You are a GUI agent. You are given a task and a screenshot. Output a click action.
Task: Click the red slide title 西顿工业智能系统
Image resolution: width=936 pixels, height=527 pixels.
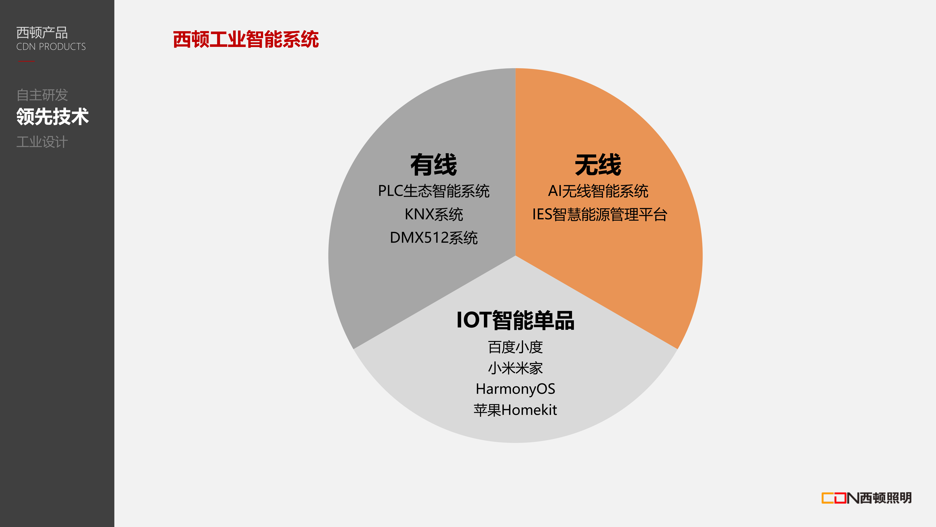[246, 39]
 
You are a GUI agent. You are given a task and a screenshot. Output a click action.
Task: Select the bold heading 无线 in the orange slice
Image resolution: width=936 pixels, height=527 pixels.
[598, 165]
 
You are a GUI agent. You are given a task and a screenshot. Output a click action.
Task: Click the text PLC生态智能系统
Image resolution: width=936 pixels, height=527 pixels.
[434, 191]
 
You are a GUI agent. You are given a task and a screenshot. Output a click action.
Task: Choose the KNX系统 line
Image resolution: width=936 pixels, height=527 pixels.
[434, 214]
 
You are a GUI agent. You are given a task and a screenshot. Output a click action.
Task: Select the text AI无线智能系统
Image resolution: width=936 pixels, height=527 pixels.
[598, 191]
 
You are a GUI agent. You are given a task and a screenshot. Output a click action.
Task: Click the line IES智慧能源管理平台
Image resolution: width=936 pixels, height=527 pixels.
[600, 214]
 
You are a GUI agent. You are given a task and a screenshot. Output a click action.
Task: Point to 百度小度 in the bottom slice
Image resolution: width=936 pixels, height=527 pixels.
[515, 347]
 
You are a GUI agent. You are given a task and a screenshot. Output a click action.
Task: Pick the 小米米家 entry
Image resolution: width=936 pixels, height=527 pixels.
[515, 368]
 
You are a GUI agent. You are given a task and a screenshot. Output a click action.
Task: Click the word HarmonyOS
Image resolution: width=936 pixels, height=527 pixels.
[515, 389]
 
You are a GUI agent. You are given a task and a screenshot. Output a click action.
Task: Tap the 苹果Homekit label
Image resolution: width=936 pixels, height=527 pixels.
[515, 410]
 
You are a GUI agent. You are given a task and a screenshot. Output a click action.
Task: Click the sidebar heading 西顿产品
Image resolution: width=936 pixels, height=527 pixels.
[42, 33]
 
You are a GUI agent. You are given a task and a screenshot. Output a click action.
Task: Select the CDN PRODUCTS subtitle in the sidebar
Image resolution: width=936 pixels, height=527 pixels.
[51, 47]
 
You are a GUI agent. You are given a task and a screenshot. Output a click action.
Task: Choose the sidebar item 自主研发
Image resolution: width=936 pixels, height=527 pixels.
[42, 95]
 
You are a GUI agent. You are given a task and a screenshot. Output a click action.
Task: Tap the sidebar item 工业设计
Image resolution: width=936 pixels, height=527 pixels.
[42, 142]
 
